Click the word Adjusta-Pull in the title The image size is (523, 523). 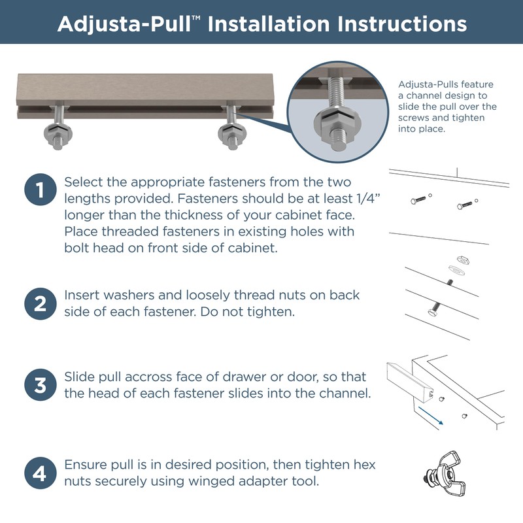click(x=124, y=24)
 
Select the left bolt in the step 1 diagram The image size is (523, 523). click(x=419, y=199)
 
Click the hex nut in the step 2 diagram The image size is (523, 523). click(x=462, y=260)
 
